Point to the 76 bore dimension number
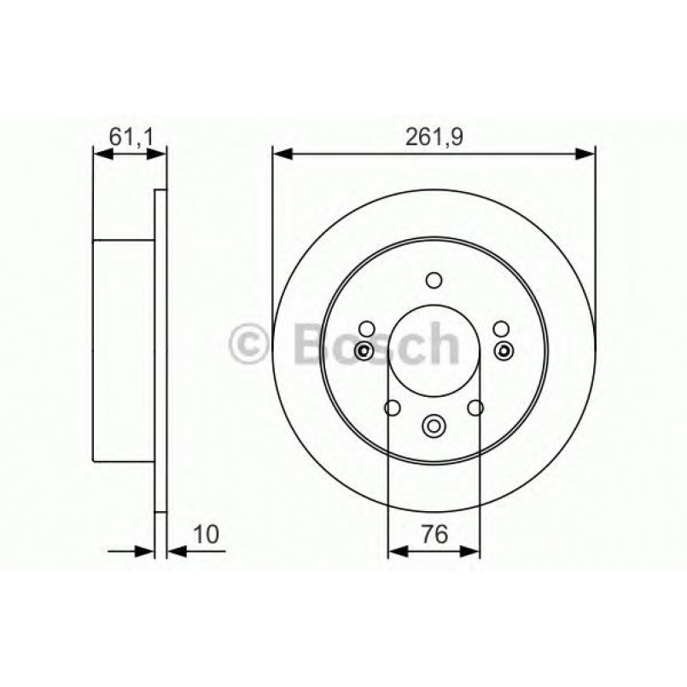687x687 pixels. (434, 535)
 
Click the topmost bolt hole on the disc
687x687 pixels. (434, 280)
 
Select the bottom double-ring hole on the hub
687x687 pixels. (434, 424)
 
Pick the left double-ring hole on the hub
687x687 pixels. (364, 350)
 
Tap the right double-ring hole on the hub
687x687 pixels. (503, 350)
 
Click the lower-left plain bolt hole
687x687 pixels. (392, 407)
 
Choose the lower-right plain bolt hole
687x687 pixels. (475, 407)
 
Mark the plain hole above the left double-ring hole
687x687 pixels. (367, 329)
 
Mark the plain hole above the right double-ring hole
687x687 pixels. (500, 329)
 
